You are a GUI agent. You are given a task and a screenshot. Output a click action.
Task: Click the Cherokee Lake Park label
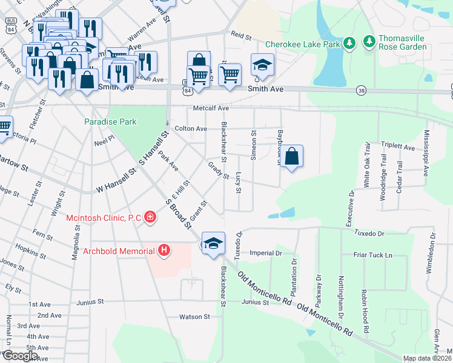tap(302, 45)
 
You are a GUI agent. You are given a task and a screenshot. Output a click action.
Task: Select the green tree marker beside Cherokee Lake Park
tap(349, 43)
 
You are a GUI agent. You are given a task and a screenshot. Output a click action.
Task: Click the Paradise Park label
tap(110, 122)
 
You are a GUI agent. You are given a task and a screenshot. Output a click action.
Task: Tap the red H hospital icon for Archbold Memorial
tap(163, 250)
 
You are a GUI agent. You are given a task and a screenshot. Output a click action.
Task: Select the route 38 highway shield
tap(362, 90)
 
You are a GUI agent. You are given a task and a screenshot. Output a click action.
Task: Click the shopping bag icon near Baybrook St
tap(292, 156)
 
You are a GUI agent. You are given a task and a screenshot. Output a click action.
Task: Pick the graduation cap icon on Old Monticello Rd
tap(213, 243)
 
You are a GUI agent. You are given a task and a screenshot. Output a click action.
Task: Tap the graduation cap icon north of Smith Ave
tap(262, 64)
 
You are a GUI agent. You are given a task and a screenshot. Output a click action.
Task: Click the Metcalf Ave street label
tap(211, 108)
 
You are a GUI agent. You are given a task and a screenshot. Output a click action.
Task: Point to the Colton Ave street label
tap(191, 129)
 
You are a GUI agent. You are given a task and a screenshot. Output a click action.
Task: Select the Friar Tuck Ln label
tap(373, 255)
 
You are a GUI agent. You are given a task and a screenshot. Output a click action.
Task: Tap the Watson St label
tap(194, 316)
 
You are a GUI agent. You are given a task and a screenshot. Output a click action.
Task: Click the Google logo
tap(19, 356)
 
